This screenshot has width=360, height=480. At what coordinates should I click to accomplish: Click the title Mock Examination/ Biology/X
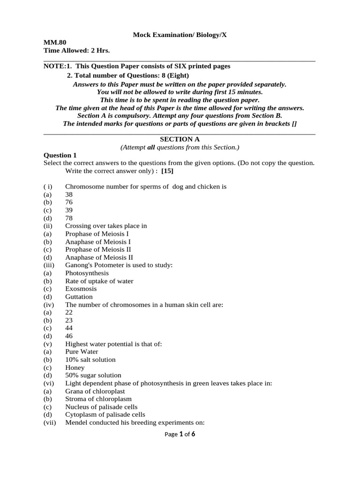coord(180,35)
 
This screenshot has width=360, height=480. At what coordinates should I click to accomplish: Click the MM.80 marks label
coord(55,43)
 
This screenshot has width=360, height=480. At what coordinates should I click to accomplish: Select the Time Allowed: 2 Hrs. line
coord(76,51)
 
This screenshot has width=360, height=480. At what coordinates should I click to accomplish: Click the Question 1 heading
coord(60,155)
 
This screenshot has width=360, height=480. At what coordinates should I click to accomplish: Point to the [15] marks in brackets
coord(167,171)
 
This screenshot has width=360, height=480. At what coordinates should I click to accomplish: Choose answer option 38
coord(69,195)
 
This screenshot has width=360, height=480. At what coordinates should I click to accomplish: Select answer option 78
coord(69,218)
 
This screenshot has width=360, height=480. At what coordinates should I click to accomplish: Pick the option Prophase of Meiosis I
coord(97,233)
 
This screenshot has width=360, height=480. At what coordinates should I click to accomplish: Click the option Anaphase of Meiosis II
coord(99,257)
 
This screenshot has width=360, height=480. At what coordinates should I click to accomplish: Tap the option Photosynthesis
coord(87,273)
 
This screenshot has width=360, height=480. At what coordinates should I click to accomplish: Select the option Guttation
coord(79,297)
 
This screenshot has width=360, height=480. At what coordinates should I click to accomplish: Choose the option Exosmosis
coord(81,289)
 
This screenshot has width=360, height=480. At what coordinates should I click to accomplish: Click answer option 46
coord(69,336)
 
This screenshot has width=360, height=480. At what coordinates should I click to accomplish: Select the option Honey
coord(75,367)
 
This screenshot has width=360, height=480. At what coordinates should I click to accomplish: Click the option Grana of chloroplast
coord(95,391)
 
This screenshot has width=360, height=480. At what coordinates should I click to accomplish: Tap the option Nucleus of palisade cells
coord(101,407)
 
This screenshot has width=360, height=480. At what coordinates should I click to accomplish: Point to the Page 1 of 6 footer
coord(180,435)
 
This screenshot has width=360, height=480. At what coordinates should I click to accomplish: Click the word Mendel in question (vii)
coord(76,422)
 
